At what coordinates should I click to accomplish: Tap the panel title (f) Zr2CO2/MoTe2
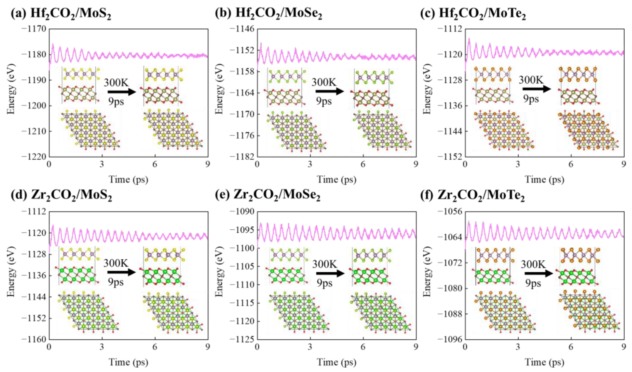click(x=473, y=196)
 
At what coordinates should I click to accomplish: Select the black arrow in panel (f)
click(x=539, y=273)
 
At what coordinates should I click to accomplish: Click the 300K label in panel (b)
click(x=324, y=82)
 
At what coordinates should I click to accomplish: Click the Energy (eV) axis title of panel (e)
click(x=219, y=275)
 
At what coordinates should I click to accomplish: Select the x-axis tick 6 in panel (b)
click(x=363, y=164)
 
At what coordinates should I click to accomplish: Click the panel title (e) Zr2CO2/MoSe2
click(x=268, y=196)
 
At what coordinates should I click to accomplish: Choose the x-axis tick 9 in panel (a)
click(x=208, y=164)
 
